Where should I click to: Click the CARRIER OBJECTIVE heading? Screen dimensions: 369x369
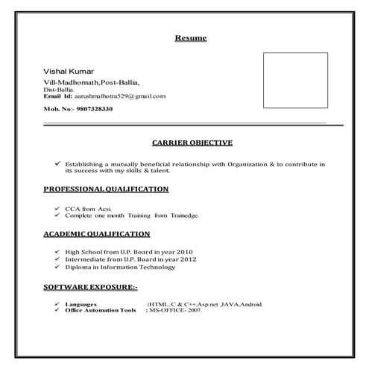coord(192,142)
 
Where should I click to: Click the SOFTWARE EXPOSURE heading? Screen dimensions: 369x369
coord(85,286)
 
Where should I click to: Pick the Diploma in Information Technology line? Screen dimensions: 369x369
coord(120,267)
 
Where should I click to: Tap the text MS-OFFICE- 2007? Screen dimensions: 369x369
coord(176,310)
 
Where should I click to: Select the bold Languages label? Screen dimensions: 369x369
coord(81,304)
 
